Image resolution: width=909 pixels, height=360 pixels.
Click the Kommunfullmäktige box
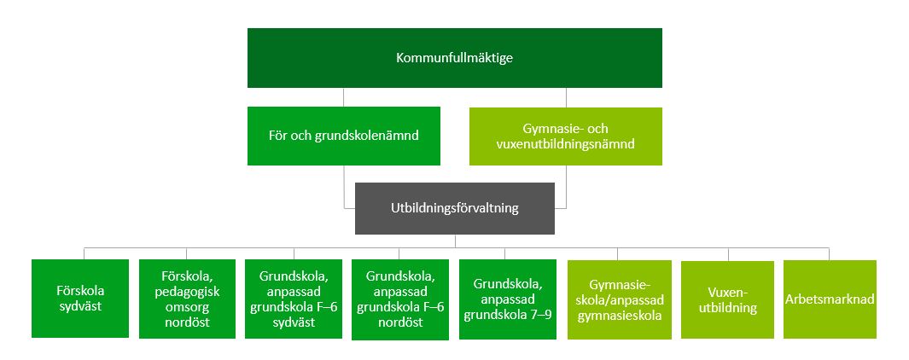click(x=454, y=58)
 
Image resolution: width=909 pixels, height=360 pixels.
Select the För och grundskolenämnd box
click(x=344, y=136)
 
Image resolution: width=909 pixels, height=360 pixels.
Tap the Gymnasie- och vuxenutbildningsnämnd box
click(x=566, y=136)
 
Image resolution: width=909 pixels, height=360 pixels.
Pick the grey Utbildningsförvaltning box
click(x=454, y=209)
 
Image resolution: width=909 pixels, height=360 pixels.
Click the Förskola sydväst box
click(x=80, y=299)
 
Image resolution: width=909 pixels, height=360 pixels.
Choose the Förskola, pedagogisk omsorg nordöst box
click(x=187, y=299)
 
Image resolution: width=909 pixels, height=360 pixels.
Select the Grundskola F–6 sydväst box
click(x=294, y=299)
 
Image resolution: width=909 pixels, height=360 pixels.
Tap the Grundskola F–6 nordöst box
click(x=400, y=299)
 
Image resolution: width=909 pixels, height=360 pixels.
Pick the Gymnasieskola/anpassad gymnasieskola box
click(x=619, y=299)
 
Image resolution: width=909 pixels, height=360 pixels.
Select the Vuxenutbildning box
click(x=727, y=299)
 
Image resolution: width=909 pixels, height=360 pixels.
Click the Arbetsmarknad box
click(x=830, y=299)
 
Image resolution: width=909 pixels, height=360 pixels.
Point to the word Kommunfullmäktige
click(x=454, y=58)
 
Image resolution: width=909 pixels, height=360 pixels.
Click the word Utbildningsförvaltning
click(x=455, y=208)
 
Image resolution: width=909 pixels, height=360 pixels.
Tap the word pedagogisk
click(x=187, y=292)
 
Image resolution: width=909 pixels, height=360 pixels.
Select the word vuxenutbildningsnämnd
click(x=566, y=144)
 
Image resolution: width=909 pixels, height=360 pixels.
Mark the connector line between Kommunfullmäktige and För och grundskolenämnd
click(x=344, y=97)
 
